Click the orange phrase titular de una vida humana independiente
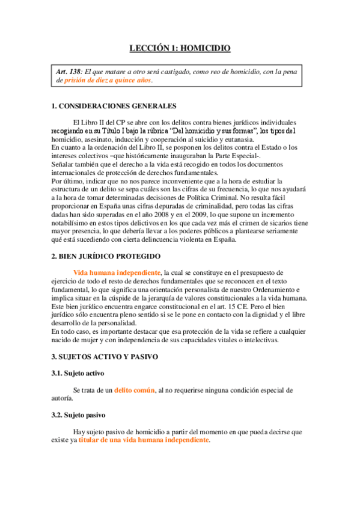[x=144, y=440]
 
